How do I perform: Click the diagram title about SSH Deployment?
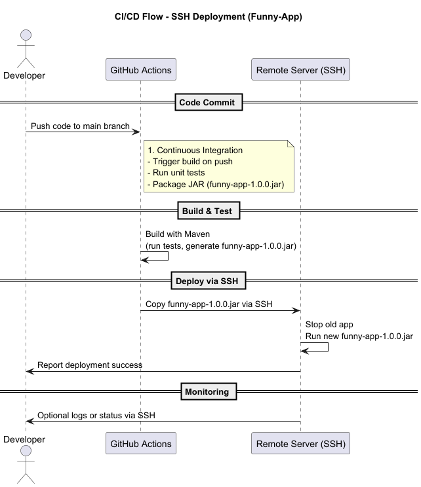click(x=208, y=16)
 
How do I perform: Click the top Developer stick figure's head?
click(x=26, y=35)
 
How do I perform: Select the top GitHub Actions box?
click(x=141, y=69)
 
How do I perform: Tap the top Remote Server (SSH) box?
click(x=300, y=69)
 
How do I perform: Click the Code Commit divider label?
click(x=209, y=102)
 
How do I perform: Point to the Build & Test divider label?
click(x=209, y=211)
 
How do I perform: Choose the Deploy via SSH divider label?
click(x=209, y=281)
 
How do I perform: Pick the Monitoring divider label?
click(x=209, y=391)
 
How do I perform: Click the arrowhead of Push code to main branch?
click(x=136, y=132)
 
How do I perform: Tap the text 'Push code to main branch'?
click(x=80, y=126)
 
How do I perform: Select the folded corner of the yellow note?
click(x=291, y=143)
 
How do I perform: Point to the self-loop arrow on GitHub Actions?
click(x=168, y=256)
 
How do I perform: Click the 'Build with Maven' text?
click(x=178, y=234)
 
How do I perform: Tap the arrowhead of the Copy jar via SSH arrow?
click(x=296, y=310)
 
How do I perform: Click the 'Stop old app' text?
click(x=329, y=325)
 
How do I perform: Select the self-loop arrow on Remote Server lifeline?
click(x=328, y=347)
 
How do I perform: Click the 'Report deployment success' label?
click(x=90, y=365)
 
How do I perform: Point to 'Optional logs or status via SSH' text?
click(x=96, y=415)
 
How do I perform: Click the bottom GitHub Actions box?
click(x=141, y=443)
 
